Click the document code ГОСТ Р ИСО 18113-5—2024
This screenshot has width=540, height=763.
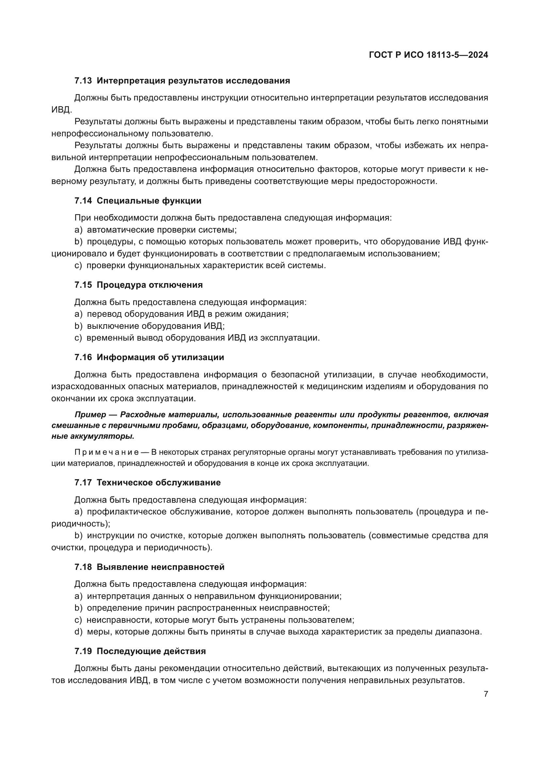tap(428, 55)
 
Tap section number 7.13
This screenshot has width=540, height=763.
tap(83, 81)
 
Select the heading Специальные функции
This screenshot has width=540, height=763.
tap(149, 201)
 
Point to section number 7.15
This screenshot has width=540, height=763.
tap(83, 285)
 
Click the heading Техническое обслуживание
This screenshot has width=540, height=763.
tap(159, 482)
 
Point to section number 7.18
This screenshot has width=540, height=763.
tap(83, 567)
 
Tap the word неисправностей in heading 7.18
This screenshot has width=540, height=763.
tap(187, 567)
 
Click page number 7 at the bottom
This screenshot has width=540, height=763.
tap(486, 694)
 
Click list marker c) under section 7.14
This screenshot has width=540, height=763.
tap(78, 266)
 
